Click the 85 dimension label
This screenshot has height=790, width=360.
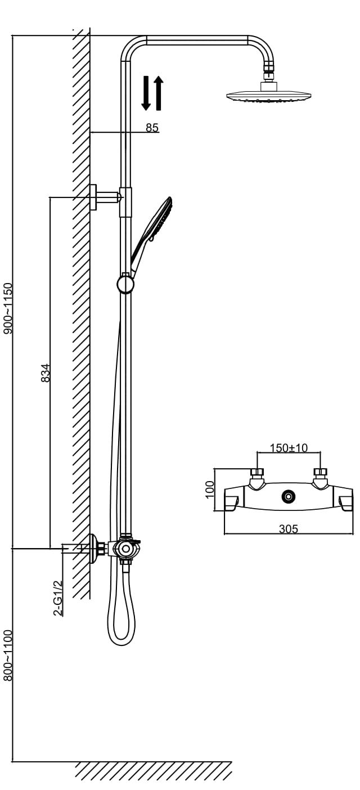152,127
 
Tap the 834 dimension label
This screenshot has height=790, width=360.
46,373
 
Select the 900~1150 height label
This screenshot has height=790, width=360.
8,308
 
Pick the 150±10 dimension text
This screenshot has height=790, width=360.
289,447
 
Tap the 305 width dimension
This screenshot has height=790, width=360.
289,529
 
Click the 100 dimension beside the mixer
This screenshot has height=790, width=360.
209,489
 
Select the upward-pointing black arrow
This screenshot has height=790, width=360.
159,93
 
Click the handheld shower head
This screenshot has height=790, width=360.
152,235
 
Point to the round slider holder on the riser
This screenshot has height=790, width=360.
125,283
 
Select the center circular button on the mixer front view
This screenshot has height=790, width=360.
289,496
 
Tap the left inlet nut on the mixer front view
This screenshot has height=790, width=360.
257,472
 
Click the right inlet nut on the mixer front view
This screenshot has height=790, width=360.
320,472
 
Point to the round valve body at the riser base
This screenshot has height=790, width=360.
125,549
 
